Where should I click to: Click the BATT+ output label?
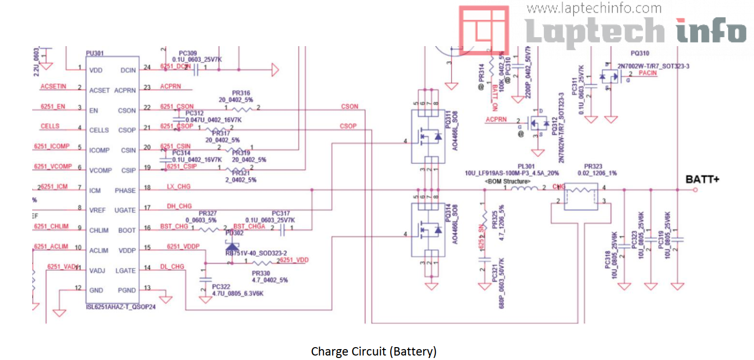(x=702, y=180)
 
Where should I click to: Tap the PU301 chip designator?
(x=95, y=53)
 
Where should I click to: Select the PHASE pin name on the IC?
(x=125, y=190)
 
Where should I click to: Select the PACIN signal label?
(x=647, y=73)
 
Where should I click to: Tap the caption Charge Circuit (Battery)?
(x=374, y=352)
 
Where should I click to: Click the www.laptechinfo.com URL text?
(x=594, y=8)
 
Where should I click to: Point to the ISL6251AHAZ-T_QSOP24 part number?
(x=121, y=307)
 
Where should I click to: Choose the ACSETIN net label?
(x=53, y=86)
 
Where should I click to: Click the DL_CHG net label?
(x=172, y=267)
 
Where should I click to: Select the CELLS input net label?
(x=50, y=126)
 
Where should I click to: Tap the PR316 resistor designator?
(x=241, y=93)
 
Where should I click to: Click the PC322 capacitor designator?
(x=221, y=286)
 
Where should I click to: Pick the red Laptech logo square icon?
(x=483, y=30)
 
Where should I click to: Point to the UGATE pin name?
(x=125, y=210)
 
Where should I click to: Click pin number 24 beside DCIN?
(x=147, y=67)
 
